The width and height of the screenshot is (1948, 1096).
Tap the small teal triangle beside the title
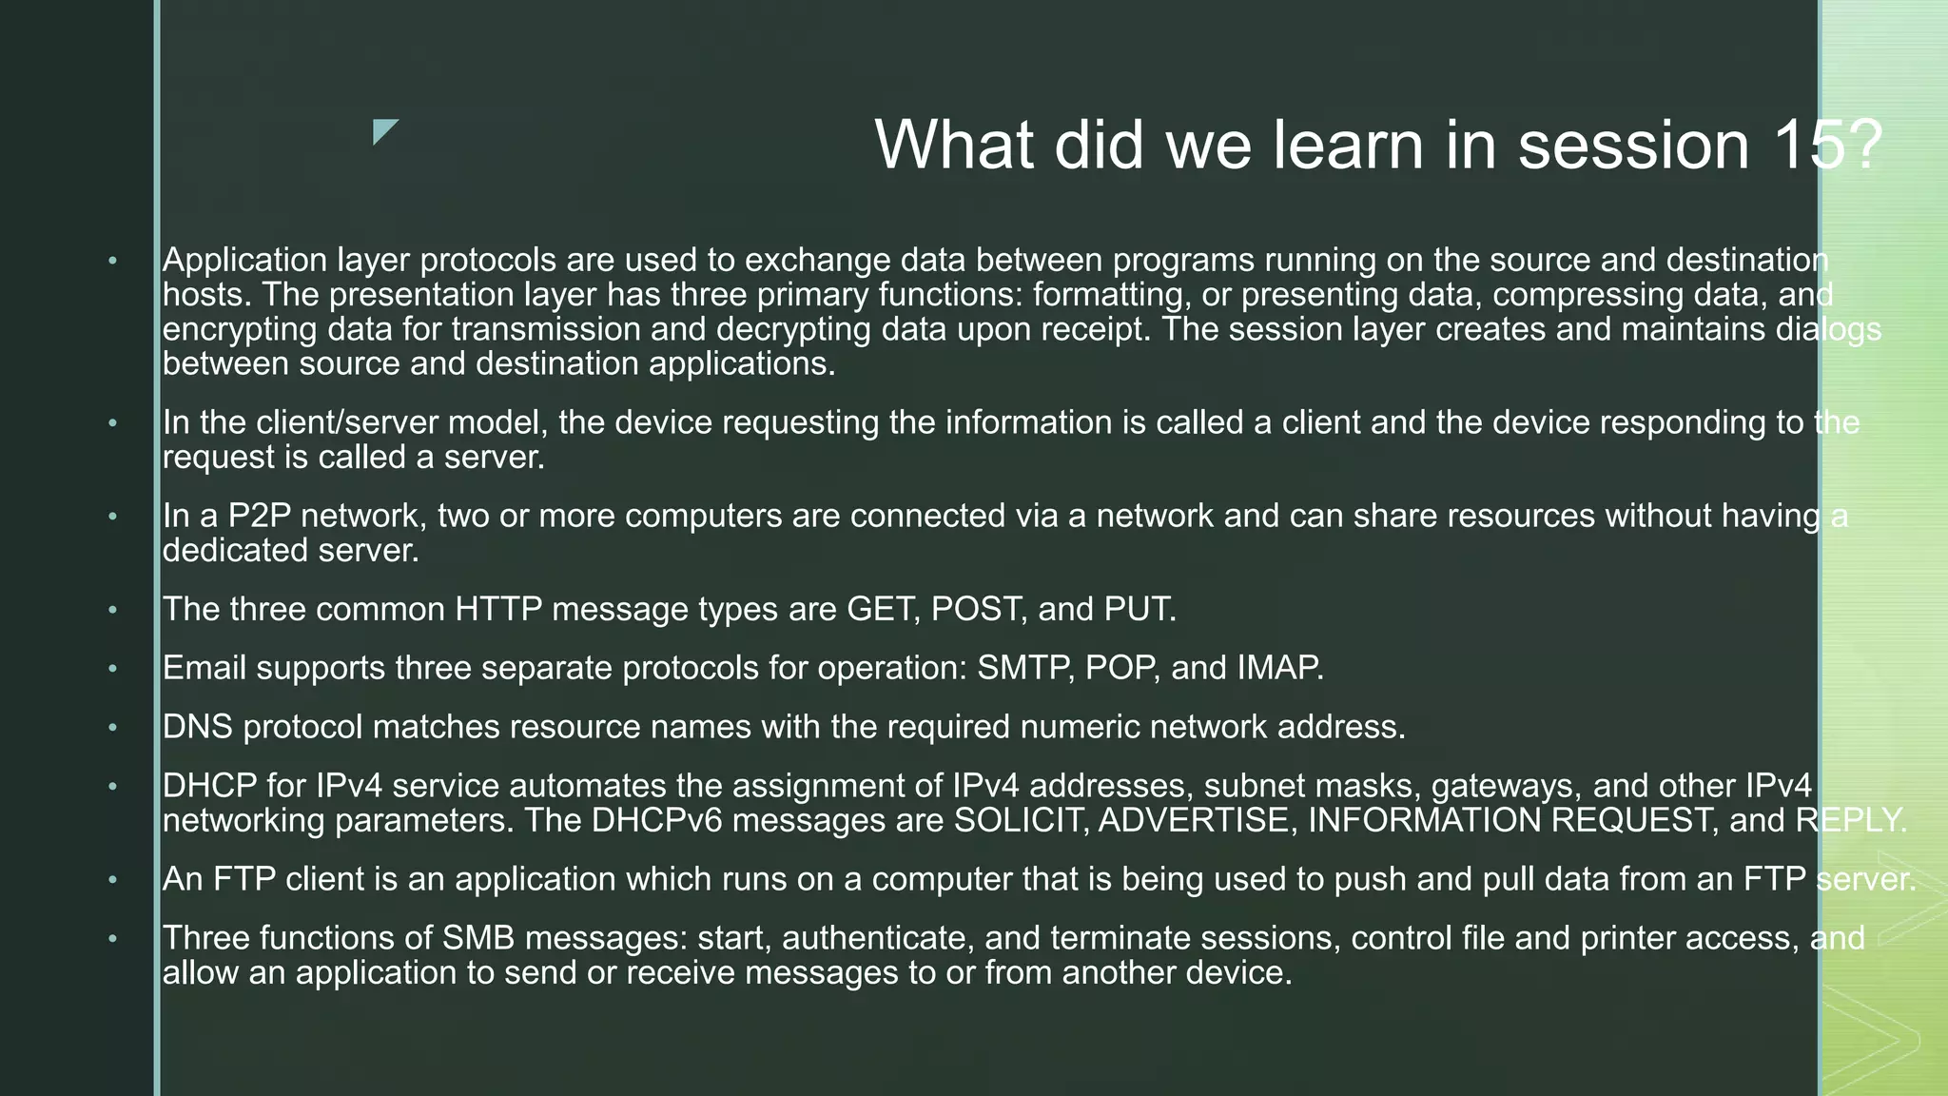click(383, 130)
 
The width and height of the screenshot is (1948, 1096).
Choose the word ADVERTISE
click(1194, 820)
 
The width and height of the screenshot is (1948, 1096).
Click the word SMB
click(478, 938)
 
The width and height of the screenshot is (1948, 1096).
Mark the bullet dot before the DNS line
click(112, 728)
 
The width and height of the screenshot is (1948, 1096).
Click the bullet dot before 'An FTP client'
click(112, 880)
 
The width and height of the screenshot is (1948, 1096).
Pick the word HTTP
click(498, 609)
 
